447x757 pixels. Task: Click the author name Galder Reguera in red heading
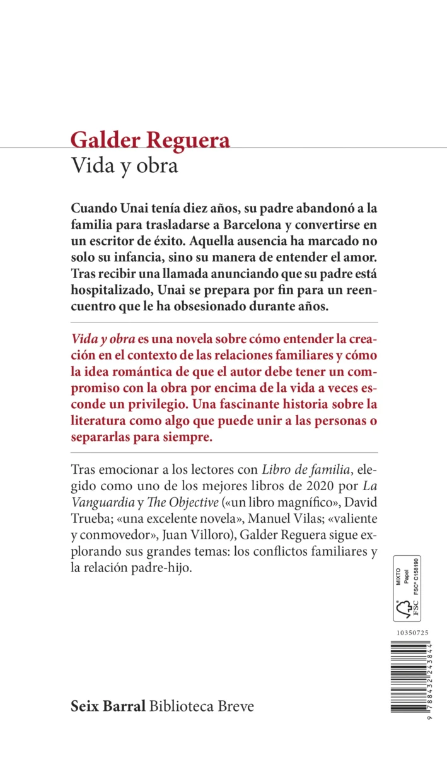pyautogui.click(x=150, y=140)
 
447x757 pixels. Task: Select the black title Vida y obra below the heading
pyautogui.click(x=124, y=166)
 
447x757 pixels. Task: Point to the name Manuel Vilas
pyautogui.click(x=280, y=519)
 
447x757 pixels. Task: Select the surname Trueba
pyautogui.click(x=93, y=519)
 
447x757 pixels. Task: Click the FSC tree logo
pyautogui.click(x=405, y=609)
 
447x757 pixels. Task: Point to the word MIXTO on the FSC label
pyautogui.click(x=398, y=579)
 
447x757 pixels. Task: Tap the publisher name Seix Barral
pyautogui.click(x=108, y=707)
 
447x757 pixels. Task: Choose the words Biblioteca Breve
pyautogui.click(x=202, y=707)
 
